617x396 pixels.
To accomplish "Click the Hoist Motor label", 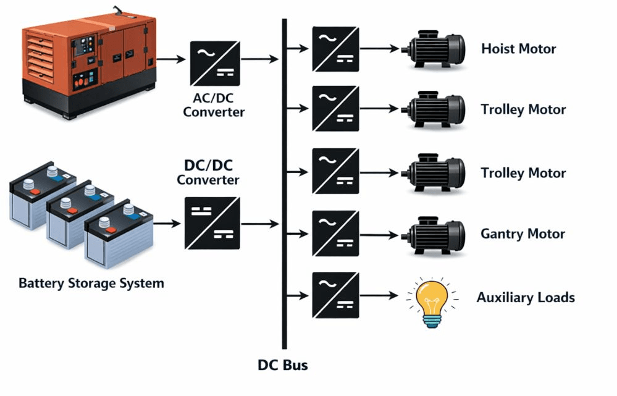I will [x=518, y=49].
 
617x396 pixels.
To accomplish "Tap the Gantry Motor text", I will [x=523, y=234].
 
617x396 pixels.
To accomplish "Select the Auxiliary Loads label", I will [x=526, y=297].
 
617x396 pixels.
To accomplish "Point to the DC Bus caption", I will [x=282, y=365].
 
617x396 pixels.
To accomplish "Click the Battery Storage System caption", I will [x=91, y=284].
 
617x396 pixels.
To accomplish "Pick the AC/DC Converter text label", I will [x=214, y=106].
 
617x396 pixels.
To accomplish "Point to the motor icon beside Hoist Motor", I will [x=433, y=50].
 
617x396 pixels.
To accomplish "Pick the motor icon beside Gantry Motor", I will [x=433, y=235].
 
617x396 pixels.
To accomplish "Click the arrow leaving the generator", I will [x=171, y=59].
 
